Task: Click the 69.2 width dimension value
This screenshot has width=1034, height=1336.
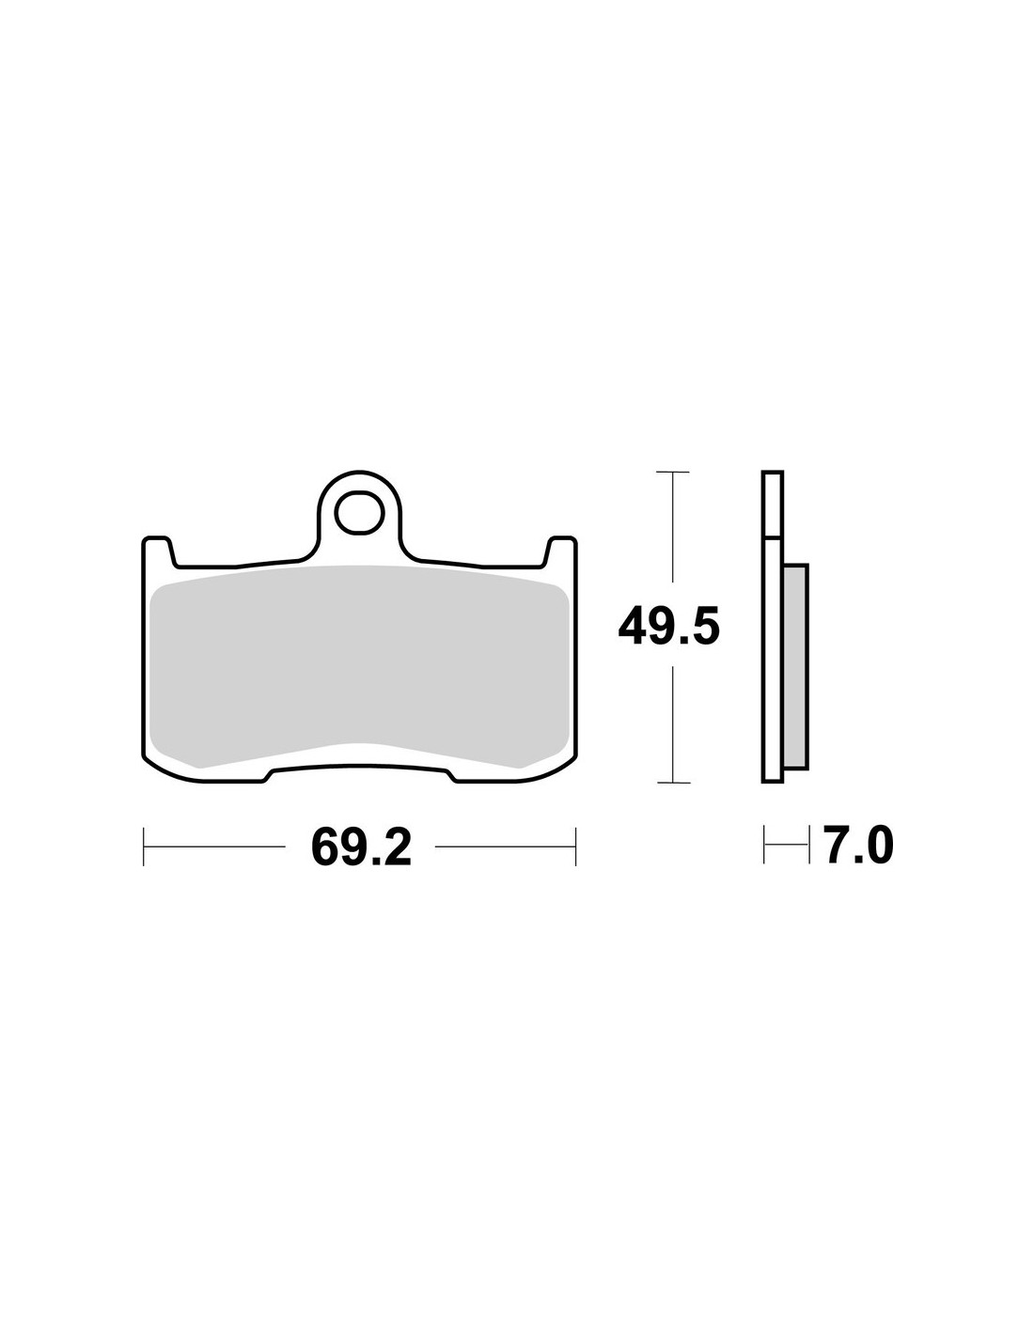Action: (361, 847)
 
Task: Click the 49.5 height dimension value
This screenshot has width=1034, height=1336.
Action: (668, 626)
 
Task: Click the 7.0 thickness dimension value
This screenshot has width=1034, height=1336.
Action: (858, 845)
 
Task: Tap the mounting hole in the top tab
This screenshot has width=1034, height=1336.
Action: (359, 511)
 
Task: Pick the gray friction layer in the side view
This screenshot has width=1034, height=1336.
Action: (796, 666)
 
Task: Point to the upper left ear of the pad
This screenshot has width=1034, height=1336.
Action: (157, 551)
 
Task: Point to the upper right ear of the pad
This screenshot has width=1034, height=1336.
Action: (561, 551)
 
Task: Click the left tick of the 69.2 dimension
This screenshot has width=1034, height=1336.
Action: (143, 847)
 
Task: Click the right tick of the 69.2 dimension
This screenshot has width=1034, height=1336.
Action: (575, 847)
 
